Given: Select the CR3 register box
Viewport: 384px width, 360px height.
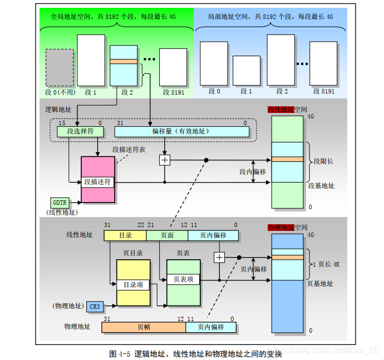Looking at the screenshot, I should [95, 307].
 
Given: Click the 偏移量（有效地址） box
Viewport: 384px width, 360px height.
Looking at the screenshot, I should [182, 131].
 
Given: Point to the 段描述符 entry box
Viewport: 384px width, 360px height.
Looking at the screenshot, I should [98, 181].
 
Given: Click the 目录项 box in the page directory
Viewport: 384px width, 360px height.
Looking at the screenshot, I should [133, 284].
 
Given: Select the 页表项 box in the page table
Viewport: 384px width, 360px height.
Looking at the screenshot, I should [184, 279].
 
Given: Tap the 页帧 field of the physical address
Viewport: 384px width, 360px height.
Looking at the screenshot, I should [143, 327].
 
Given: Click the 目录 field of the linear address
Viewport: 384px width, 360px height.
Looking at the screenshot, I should [125, 235].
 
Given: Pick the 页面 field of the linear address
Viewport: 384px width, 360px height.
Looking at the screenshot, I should [167, 235].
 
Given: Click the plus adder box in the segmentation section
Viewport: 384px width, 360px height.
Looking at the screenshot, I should [164, 160].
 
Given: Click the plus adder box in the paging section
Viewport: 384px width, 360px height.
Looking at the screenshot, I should [219, 257].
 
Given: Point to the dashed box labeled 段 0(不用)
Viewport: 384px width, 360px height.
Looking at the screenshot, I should [59, 67].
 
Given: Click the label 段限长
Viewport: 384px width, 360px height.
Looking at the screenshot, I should [324, 161].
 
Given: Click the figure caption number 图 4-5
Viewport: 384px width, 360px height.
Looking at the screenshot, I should [120, 354].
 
